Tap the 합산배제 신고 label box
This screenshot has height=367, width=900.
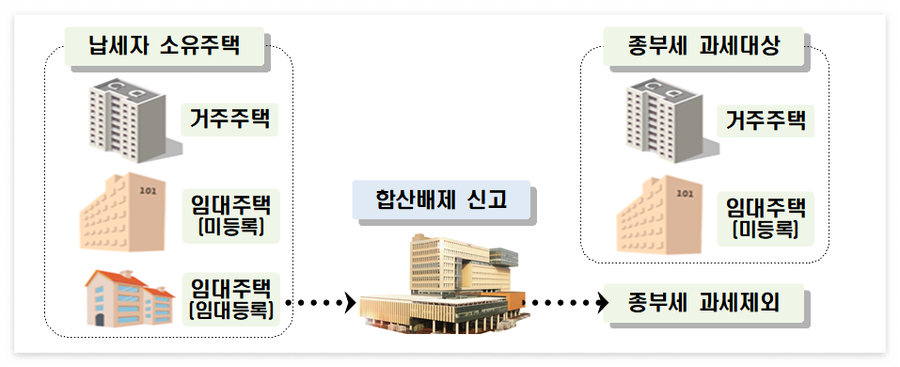441,199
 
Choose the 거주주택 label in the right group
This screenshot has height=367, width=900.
766,120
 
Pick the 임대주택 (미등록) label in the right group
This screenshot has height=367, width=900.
766,215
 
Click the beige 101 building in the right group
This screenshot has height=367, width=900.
663,215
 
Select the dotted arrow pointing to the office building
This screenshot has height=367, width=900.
320,303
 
